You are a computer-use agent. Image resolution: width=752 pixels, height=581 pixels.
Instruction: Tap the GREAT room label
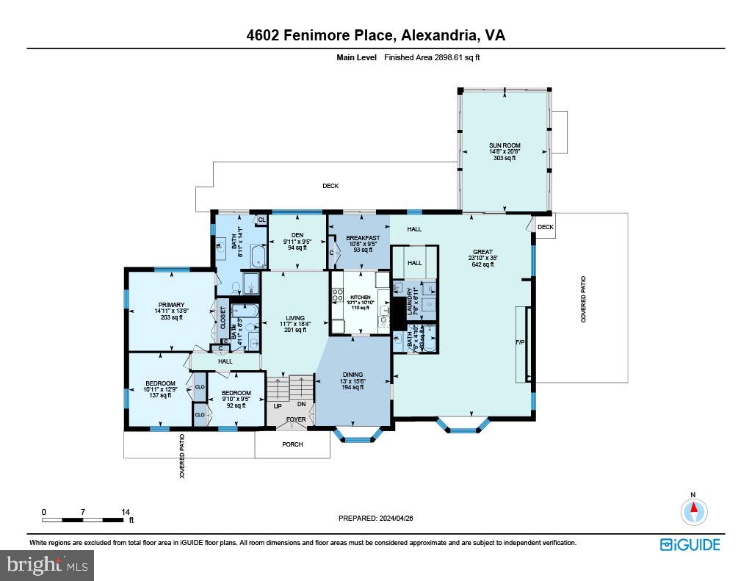(482, 252)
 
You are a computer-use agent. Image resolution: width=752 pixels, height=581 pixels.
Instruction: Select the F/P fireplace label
(521, 342)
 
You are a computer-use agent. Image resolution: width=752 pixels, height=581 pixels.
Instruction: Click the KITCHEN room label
(360, 297)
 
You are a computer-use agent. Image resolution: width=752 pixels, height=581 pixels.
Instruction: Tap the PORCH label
(292, 444)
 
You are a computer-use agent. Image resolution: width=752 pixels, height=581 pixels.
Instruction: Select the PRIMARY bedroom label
(171, 305)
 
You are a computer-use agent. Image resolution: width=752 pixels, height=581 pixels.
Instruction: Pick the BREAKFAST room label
(363, 238)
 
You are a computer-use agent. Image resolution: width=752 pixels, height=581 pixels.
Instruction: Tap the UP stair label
(278, 405)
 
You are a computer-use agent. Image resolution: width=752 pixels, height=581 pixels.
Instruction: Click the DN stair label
(301, 404)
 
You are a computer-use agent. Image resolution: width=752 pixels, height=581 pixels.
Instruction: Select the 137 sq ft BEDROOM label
(160, 383)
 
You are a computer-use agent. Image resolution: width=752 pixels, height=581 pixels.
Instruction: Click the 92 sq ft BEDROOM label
(236, 393)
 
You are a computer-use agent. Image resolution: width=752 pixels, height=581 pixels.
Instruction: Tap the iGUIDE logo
(690, 544)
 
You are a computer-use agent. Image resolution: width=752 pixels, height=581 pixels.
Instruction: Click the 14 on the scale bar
(126, 512)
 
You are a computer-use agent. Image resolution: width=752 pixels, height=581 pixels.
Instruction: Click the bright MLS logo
(47, 566)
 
